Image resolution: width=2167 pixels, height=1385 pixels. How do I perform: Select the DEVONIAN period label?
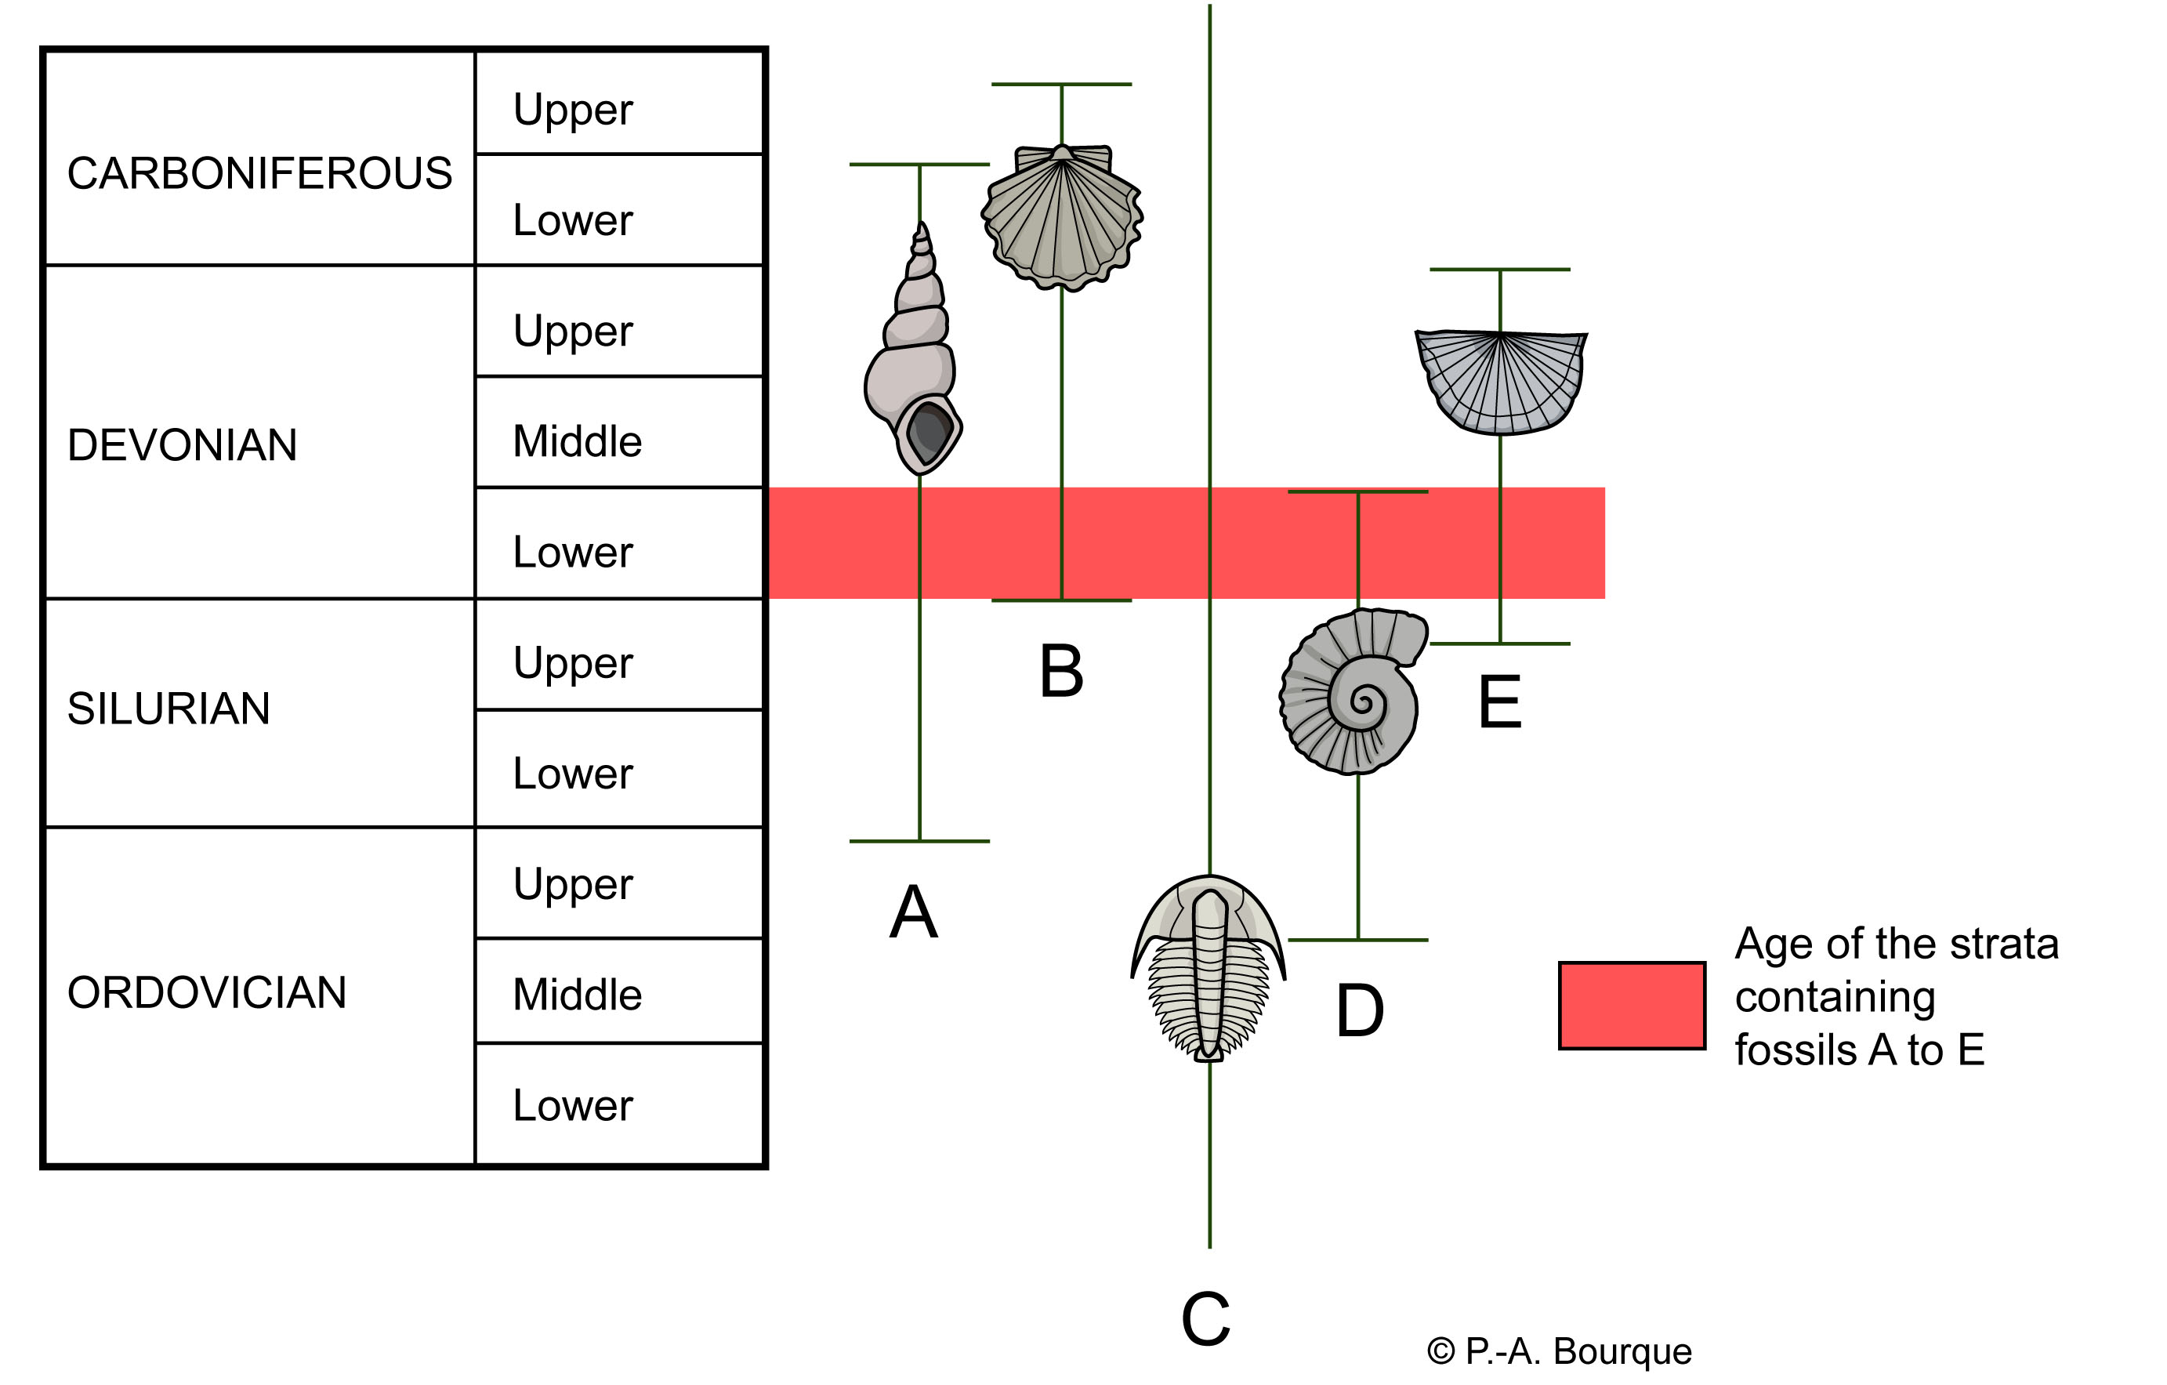pyautogui.click(x=182, y=445)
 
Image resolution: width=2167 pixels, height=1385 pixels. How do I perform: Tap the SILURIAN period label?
pyautogui.click(x=169, y=709)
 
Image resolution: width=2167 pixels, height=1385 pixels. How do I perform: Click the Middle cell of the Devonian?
pyautogui.click(x=577, y=442)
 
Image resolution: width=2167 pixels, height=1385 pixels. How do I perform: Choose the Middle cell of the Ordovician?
pyautogui.click(x=577, y=995)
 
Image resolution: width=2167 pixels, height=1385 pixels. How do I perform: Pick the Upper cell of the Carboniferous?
pyautogui.click(x=573, y=111)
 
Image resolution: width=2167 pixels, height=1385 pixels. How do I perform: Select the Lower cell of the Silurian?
pyautogui.click(x=573, y=774)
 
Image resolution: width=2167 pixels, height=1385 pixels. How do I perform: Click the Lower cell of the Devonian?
pyautogui.click(x=573, y=553)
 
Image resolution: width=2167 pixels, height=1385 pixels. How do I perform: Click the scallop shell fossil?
pyautogui.click(x=1062, y=216)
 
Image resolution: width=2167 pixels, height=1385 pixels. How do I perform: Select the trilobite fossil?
pyautogui.click(x=1209, y=967)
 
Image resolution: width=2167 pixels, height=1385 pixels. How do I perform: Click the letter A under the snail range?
pyautogui.click(x=913, y=912)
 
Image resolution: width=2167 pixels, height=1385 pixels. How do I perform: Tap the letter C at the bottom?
pyautogui.click(x=1205, y=1319)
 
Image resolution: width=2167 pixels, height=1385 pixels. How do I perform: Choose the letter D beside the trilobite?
pyautogui.click(x=1359, y=1010)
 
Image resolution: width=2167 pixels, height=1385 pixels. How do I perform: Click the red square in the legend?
pyautogui.click(x=1632, y=1005)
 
